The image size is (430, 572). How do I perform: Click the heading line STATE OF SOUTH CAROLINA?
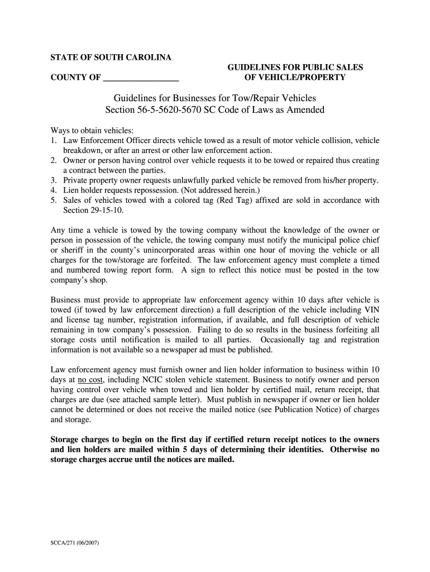click(111, 58)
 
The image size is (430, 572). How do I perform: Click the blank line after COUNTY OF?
click(141, 77)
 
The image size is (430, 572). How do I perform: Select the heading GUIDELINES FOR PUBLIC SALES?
click(295, 67)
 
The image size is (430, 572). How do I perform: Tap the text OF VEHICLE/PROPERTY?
click(295, 77)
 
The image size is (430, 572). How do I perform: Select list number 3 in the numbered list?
click(54, 180)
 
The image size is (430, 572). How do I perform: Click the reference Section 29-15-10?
click(93, 210)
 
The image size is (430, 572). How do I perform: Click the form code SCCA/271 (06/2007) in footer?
click(75, 542)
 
